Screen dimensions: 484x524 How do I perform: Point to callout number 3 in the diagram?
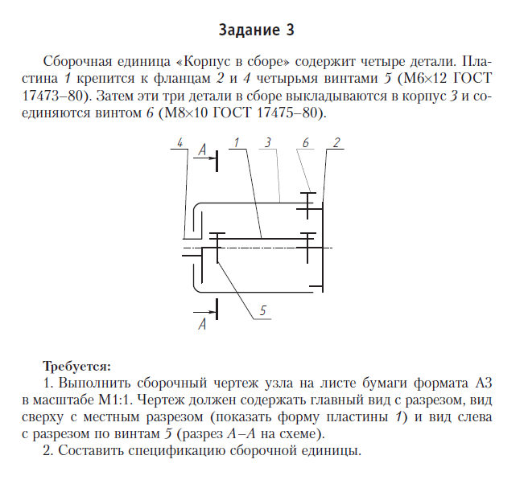point(266,142)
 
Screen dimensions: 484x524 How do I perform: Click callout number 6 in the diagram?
point(306,142)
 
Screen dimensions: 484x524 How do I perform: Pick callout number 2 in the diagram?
point(336,142)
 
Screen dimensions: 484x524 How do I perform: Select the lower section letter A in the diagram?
point(202,324)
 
